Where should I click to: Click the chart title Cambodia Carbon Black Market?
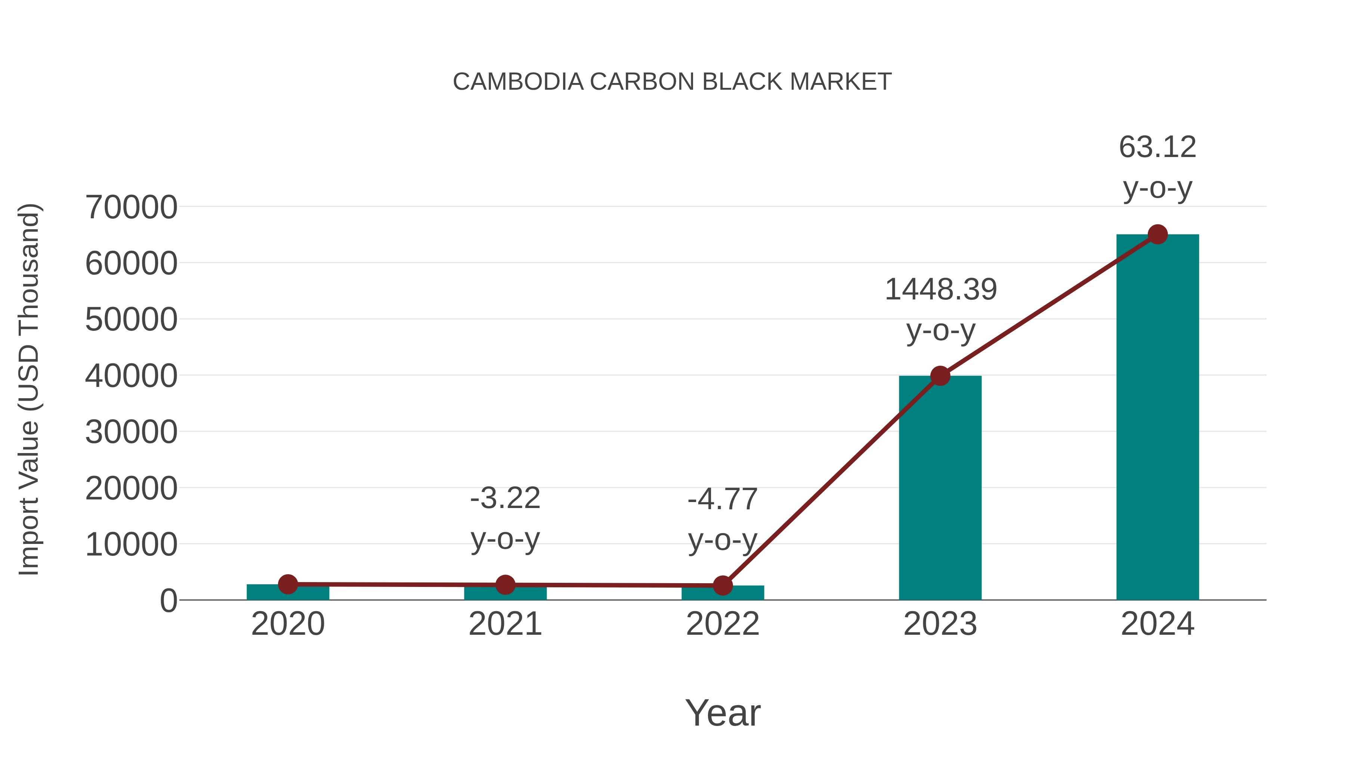point(672,82)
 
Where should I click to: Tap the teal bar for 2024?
point(1157,418)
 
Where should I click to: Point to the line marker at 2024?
point(1157,234)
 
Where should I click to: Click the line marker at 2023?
point(940,376)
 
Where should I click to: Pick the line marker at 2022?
point(723,586)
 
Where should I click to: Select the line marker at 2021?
point(505,585)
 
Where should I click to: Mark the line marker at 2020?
point(288,584)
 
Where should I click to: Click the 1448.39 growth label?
point(940,290)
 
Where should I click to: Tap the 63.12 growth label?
point(1157,147)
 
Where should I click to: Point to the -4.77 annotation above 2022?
point(723,499)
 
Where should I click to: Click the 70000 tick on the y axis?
point(131,207)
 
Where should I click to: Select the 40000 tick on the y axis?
point(131,376)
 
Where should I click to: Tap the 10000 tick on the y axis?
point(131,545)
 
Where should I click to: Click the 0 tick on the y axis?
point(168,601)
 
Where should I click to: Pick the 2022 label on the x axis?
point(723,624)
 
